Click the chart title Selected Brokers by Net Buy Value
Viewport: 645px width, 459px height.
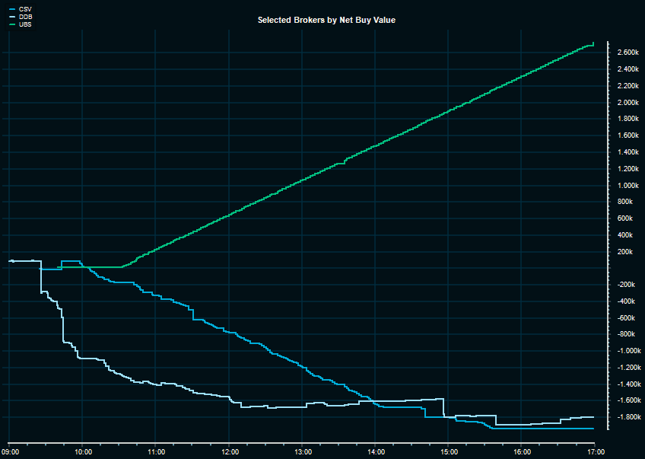click(x=326, y=20)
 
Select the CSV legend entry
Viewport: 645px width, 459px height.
click(x=24, y=9)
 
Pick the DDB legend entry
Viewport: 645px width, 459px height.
click(x=24, y=16)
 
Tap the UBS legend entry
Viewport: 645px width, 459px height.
click(x=24, y=24)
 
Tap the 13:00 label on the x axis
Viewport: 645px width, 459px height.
click(x=303, y=451)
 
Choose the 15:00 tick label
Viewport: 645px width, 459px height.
click(x=449, y=451)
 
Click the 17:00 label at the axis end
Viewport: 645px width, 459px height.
click(x=596, y=451)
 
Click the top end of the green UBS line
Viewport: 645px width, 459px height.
click(x=593, y=43)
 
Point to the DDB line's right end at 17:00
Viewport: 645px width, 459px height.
click(x=593, y=417)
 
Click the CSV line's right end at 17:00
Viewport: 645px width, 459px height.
click(x=593, y=429)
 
